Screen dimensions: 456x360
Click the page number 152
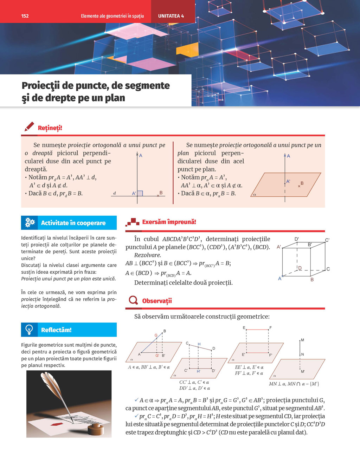tap(25, 16)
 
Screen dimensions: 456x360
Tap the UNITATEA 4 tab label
tap(171, 16)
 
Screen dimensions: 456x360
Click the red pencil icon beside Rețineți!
tap(30, 127)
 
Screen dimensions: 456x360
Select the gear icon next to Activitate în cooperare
tap(30, 222)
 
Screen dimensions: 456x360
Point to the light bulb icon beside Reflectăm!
tap(30, 330)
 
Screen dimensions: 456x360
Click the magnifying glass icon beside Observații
tap(133, 300)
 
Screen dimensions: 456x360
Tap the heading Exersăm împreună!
tap(169, 222)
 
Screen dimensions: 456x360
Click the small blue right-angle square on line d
tap(140, 193)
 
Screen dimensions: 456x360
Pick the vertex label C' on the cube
tap(327, 240)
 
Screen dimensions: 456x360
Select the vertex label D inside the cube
tap(300, 268)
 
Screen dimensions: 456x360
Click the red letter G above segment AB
tap(156, 336)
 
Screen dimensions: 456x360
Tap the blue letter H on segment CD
tap(199, 344)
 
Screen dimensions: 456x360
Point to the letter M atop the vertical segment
tap(302, 340)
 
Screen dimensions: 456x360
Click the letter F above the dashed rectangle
tap(270, 328)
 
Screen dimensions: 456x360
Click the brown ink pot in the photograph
tap(94, 429)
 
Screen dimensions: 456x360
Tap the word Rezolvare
tap(147, 255)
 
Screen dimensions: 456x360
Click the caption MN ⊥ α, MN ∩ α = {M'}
tap(294, 384)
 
